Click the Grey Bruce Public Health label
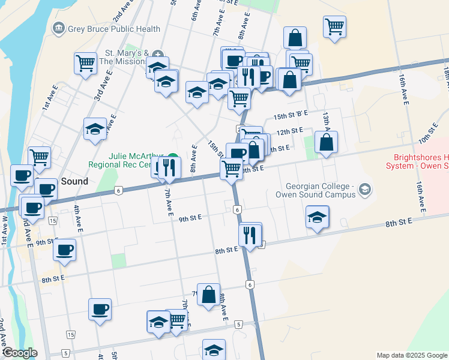pyautogui.click(x=114, y=28)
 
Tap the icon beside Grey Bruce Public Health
pyautogui.click(x=59, y=28)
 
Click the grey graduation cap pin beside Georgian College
pyautogui.click(x=363, y=191)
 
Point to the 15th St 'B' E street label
pyautogui.click(x=291, y=113)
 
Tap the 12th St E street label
pyautogui.click(x=289, y=130)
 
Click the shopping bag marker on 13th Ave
pyautogui.click(x=326, y=143)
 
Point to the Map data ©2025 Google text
pyautogui.click(x=411, y=355)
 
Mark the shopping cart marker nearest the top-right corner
pyautogui.click(x=334, y=26)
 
